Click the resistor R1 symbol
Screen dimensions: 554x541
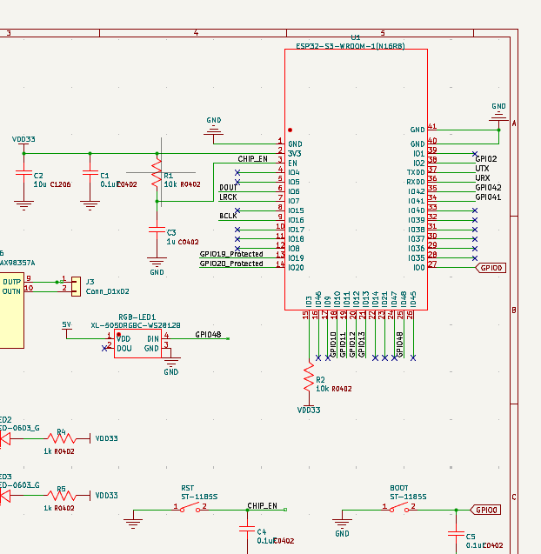pos(157,172)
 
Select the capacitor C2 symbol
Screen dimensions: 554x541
pos(23,174)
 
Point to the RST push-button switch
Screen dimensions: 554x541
pos(189,507)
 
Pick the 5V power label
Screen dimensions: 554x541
pos(67,324)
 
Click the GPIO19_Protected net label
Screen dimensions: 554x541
pos(231,254)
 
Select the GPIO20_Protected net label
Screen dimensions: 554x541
pos(231,264)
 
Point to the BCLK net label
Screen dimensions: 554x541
pos(228,216)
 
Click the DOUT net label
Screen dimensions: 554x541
pos(228,187)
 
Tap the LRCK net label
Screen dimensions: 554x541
pos(228,197)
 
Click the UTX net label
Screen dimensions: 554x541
pos(482,168)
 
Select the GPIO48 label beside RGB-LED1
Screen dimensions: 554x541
pos(208,334)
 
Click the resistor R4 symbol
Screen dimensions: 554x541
pos(60,439)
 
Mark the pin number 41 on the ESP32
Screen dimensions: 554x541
pos(432,126)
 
